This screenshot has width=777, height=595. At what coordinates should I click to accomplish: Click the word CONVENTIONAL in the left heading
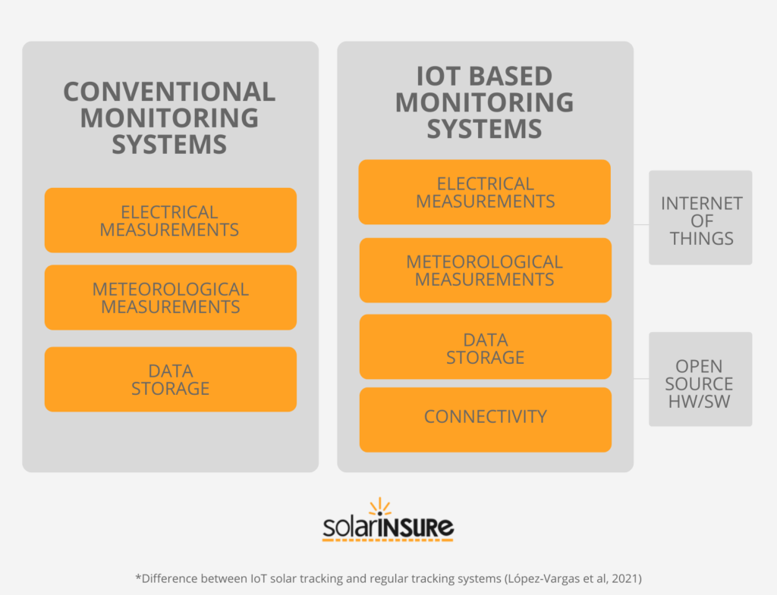click(169, 92)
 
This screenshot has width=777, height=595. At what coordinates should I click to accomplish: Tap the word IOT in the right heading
click(439, 77)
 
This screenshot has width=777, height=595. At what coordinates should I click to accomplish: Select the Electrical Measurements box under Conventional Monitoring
click(171, 221)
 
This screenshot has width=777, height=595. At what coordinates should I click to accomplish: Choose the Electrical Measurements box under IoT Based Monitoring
click(485, 192)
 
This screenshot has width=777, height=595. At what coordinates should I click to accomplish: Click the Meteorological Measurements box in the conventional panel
click(171, 297)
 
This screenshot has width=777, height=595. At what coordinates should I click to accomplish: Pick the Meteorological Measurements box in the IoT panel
click(485, 271)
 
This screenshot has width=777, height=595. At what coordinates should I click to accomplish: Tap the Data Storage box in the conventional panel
click(171, 379)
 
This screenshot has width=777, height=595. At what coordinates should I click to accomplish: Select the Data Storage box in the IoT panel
click(485, 346)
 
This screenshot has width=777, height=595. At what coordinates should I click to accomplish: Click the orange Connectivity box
click(485, 420)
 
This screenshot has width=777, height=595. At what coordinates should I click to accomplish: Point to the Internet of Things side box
click(700, 218)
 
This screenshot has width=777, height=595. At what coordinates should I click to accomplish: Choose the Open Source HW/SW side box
click(700, 379)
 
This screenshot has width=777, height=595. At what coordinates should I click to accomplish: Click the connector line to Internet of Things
click(641, 224)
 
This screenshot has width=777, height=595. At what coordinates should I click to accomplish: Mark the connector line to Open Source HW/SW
click(641, 379)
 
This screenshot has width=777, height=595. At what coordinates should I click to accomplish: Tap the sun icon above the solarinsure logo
click(380, 507)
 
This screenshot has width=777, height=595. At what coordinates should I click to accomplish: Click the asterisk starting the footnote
click(138, 576)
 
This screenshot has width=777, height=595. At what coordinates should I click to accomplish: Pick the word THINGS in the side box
click(702, 239)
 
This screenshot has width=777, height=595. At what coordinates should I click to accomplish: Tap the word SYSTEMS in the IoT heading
click(484, 129)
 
